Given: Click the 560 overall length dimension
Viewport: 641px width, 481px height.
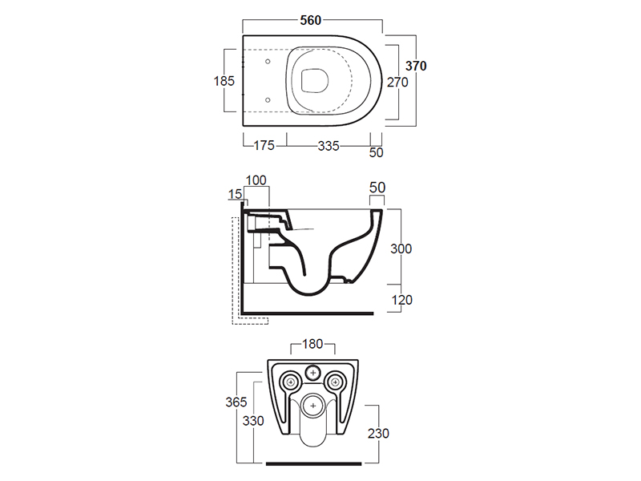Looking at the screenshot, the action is tap(311, 20).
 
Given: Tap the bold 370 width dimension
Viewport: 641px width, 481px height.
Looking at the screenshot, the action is tap(416, 66).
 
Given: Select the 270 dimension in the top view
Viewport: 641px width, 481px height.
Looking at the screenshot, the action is tap(397, 83).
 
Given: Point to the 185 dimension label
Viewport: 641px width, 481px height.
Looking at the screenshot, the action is tap(224, 81).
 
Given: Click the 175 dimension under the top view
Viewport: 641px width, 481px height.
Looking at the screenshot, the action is tap(264, 145).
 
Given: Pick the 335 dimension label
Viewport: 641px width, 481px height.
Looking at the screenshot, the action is tap(329, 146).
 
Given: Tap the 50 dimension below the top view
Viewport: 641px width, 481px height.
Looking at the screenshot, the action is tap(376, 152).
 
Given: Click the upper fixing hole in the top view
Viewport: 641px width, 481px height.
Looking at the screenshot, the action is tap(268, 62).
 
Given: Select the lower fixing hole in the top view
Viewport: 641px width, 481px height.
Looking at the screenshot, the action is tap(268, 99).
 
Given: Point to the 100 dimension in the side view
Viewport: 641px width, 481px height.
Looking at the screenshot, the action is tap(256, 180).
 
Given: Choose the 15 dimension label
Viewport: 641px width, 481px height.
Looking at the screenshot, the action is tap(235, 194).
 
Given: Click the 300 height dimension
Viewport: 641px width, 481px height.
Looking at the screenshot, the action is tap(401, 249).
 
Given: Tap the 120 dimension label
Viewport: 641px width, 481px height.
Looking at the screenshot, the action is tap(402, 300).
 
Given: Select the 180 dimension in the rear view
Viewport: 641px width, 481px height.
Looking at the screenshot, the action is tap(312, 344).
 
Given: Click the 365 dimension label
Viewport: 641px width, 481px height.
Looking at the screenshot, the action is tap(236, 402).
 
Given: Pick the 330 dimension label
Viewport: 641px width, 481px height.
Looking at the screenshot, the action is tap(253, 420).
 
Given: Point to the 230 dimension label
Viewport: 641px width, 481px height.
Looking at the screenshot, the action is tap(378, 433).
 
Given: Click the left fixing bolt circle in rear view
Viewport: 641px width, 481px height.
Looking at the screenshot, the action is tap(291, 382).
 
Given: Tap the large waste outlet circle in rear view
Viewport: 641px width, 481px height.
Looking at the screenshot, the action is tap(313, 406).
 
